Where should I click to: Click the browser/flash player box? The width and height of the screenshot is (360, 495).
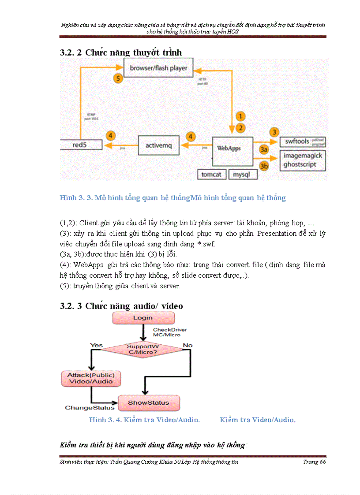[158, 68]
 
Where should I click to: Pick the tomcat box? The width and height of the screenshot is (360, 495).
[211, 174]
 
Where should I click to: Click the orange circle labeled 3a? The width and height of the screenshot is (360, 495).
[264, 150]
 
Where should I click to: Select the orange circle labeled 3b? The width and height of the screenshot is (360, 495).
[264, 166]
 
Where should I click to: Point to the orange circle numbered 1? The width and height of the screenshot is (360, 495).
[240, 117]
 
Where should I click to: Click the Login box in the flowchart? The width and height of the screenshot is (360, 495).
[143, 318]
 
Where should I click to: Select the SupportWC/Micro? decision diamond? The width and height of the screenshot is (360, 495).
[142, 349]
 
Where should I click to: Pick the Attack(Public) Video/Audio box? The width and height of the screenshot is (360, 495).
[90, 379]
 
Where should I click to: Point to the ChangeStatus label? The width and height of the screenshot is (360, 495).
[90, 408]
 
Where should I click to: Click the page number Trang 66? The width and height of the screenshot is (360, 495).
[314, 462]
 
